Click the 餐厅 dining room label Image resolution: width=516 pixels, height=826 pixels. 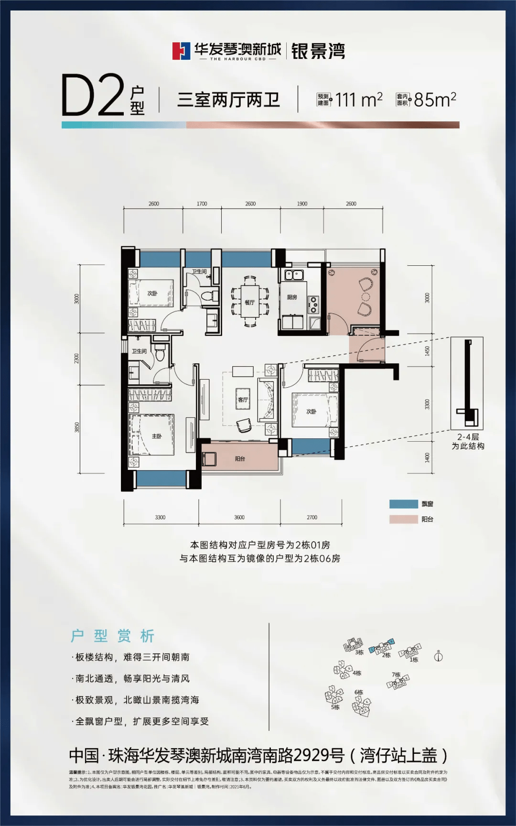(x=249, y=303)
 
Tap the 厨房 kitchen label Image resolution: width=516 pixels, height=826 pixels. (x=292, y=297)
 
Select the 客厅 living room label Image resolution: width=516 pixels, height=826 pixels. (x=243, y=400)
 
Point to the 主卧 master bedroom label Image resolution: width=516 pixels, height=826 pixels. (x=157, y=436)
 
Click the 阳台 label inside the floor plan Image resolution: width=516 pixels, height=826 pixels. (x=240, y=459)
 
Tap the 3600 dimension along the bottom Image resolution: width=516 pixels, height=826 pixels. (x=239, y=517)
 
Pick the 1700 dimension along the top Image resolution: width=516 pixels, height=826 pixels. (x=202, y=204)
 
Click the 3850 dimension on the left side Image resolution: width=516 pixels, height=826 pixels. (x=77, y=427)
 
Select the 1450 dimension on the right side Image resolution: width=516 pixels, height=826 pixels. (x=427, y=351)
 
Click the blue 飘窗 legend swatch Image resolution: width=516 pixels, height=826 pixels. (x=403, y=504)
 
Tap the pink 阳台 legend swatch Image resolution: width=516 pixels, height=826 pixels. (x=403, y=519)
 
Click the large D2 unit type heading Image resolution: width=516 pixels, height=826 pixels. (x=93, y=96)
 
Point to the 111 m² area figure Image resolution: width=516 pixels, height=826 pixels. (x=358, y=99)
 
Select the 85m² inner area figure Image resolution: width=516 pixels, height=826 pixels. (x=435, y=99)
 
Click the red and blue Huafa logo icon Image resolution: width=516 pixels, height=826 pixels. (x=181, y=51)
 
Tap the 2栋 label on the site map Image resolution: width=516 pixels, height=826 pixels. (x=387, y=655)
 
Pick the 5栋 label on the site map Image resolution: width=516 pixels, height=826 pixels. (x=335, y=707)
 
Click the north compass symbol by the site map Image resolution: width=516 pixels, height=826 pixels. (x=438, y=656)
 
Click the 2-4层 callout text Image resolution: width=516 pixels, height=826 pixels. (x=468, y=437)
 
